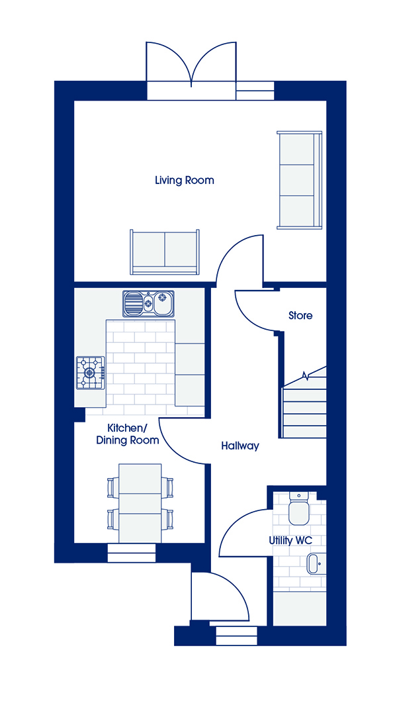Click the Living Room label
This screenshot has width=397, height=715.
point(184,180)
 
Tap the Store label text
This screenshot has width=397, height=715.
point(300,315)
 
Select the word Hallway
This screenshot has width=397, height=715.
point(240,446)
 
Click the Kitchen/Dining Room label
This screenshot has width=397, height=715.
point(133,434)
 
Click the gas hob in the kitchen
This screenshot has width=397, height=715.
point(90,373)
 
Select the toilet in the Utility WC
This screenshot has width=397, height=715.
point(299,508)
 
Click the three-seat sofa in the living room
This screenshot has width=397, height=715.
point(300,179)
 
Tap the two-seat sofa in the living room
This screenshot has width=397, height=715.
point(165,252)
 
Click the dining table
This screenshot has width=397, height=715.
point(140,503)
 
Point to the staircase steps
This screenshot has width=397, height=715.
point(304,406)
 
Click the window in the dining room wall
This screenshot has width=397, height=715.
point(132,552)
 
